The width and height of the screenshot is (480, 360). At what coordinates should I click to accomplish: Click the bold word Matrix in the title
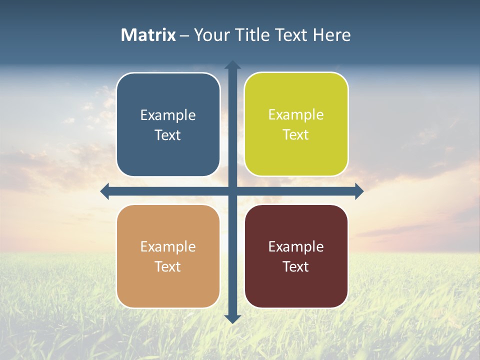pos(148,35)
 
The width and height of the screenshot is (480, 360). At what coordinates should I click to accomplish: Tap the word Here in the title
pos(332,35)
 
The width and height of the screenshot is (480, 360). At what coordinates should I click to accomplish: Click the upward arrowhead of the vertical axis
pos(232,65)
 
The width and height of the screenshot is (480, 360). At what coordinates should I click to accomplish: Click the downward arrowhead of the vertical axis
pos(232,318)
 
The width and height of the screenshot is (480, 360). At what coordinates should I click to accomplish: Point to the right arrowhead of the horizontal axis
pos(359,191)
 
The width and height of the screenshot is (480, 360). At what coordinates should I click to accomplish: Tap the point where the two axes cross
pos(232,191)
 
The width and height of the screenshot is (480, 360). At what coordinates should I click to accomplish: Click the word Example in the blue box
pos(168,115)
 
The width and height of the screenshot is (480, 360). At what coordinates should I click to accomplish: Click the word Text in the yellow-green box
pos(296,134)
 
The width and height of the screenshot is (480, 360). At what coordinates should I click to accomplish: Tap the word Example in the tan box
pos(168,247)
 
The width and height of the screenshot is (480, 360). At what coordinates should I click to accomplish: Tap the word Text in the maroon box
pos(296,266)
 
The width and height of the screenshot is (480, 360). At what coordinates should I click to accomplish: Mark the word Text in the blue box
pos(168,135)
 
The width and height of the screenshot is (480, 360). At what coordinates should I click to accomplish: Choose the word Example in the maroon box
pos(296,247)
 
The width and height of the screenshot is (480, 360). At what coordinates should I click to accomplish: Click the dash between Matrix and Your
pos(184,35)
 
